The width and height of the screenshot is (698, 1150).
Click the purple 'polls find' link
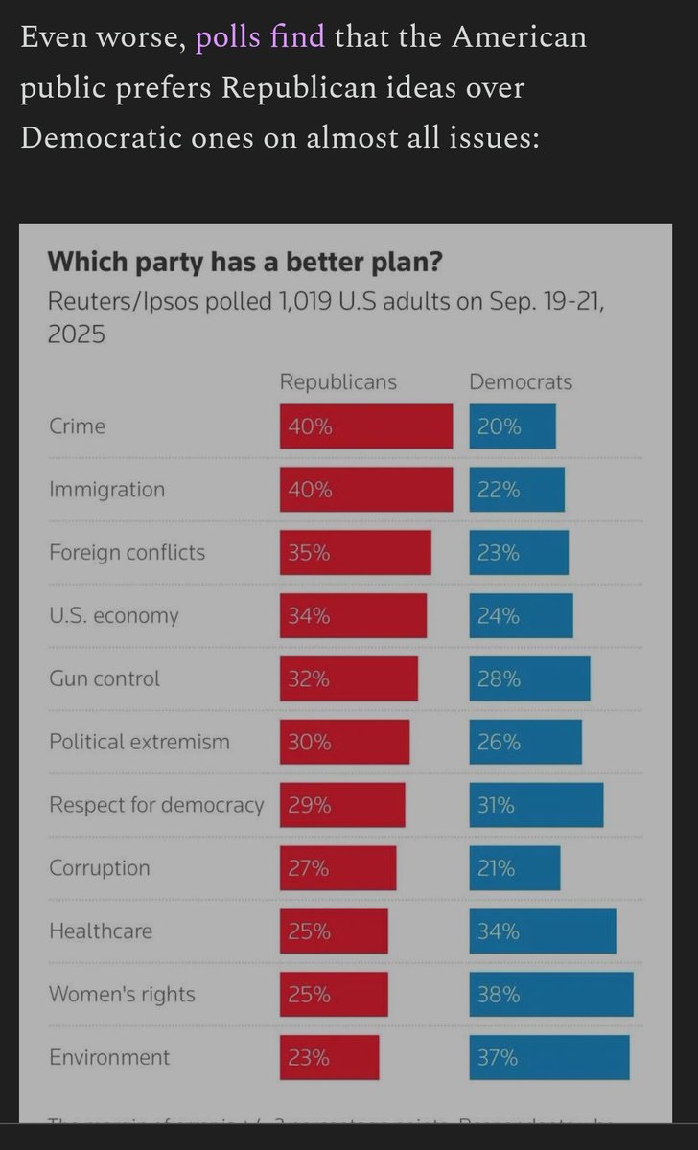point(260,38)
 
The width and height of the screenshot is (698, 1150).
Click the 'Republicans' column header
point(337,381)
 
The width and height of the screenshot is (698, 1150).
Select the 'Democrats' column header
point(521,381)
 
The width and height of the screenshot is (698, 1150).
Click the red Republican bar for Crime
point(366,426)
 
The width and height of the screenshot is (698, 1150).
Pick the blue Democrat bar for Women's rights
point(551,994)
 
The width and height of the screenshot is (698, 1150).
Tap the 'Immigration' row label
point(106,490)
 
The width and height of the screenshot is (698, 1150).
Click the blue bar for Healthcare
point(543,931)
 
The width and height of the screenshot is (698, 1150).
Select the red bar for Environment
point(330,1057)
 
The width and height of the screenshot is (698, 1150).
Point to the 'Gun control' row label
point(105,678)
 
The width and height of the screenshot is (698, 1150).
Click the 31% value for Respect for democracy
point(497,805)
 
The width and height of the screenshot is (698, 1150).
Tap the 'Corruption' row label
point(100,868)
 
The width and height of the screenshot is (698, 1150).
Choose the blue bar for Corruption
point(515,868)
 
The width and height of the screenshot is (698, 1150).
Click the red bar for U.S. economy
point(353,616)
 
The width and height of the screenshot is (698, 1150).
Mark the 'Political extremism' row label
point(139,742)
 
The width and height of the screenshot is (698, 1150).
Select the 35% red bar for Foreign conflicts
point(356,553)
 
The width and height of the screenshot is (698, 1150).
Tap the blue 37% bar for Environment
point(549,1057)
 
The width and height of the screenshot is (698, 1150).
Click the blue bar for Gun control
point(529,678)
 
